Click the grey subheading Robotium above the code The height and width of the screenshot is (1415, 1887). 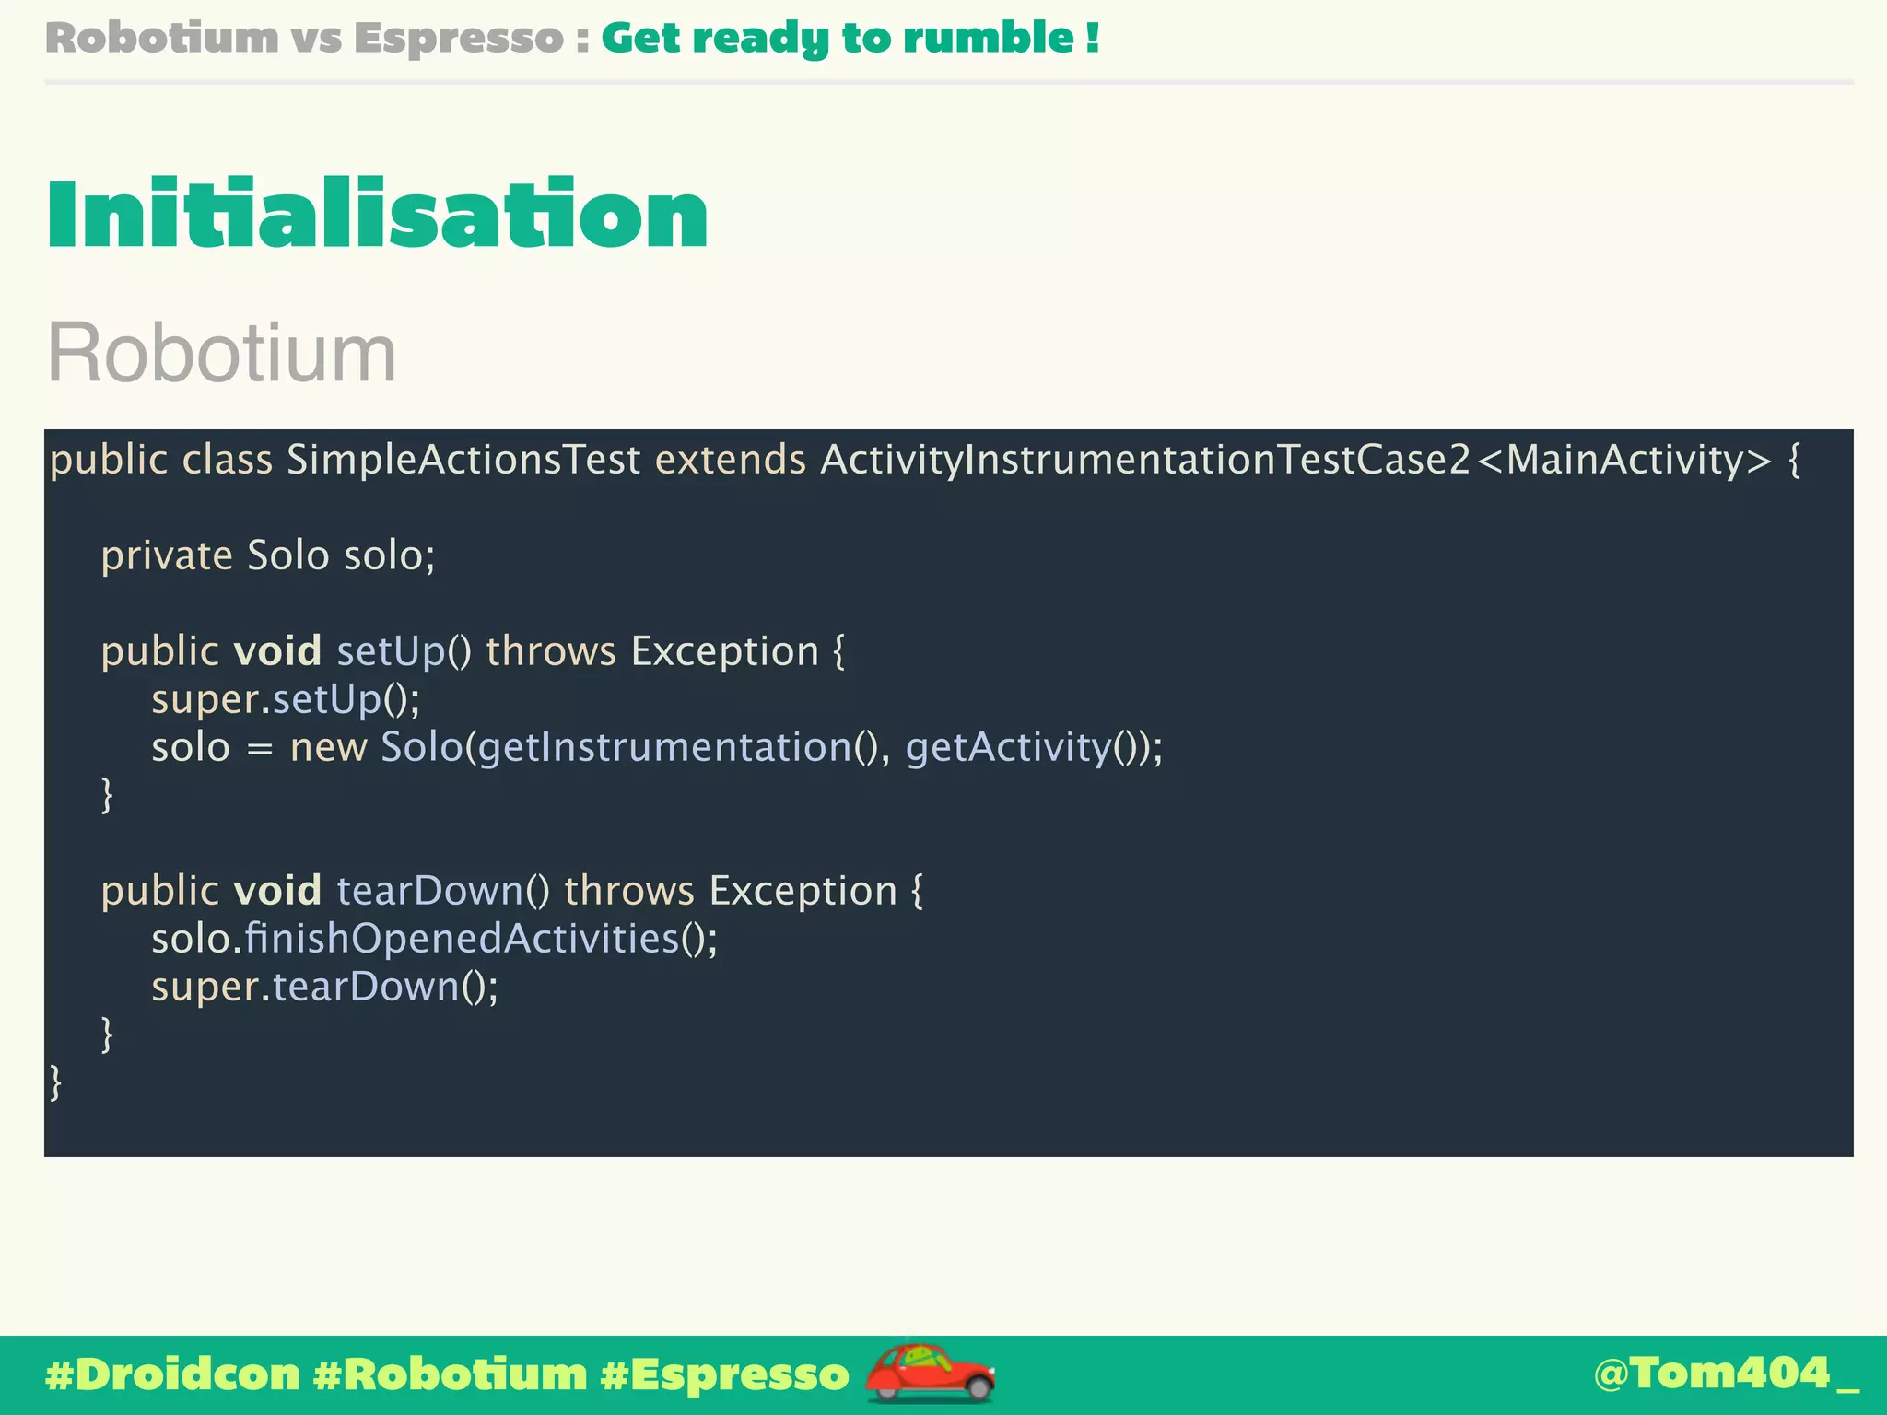click(221, 353)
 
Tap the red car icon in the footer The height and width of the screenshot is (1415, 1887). click(930, 1373)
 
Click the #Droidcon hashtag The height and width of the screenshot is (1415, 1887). click(173, 1374)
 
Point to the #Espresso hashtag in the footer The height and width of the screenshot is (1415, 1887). click(724, 1374)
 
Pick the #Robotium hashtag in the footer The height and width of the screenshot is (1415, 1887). click(450, 1374)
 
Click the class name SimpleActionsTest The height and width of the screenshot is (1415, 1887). click(463, 460)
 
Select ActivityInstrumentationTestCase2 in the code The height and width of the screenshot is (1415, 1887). click(1145, 460)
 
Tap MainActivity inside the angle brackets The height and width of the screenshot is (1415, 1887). click(1626, 460)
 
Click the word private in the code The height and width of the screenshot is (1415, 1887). click(167, 555)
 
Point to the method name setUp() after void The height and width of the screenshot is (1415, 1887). click(404, 651)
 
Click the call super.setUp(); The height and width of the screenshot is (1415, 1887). click(286, 699)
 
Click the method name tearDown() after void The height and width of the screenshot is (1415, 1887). click(442, 891)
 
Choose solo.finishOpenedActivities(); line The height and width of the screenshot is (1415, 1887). click(434, 939)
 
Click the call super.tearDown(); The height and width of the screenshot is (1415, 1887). click(324, 987)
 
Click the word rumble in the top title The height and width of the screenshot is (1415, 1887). click(988, 38)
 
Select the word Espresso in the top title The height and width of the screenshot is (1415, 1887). click(458, 38)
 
